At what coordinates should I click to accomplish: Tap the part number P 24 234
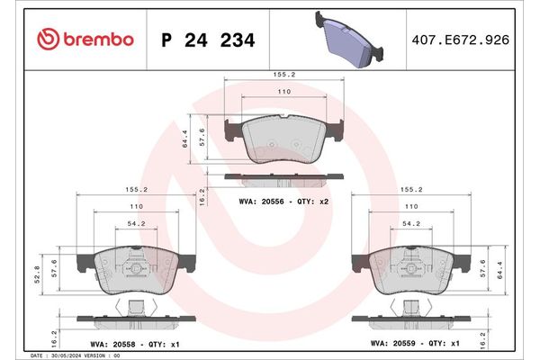(x=207, y=40)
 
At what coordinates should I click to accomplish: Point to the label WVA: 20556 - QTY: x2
(x=284, y=202)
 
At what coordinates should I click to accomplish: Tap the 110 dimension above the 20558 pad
(x=132, y=206)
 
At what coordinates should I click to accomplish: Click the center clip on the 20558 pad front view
(x=136, y=266)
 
